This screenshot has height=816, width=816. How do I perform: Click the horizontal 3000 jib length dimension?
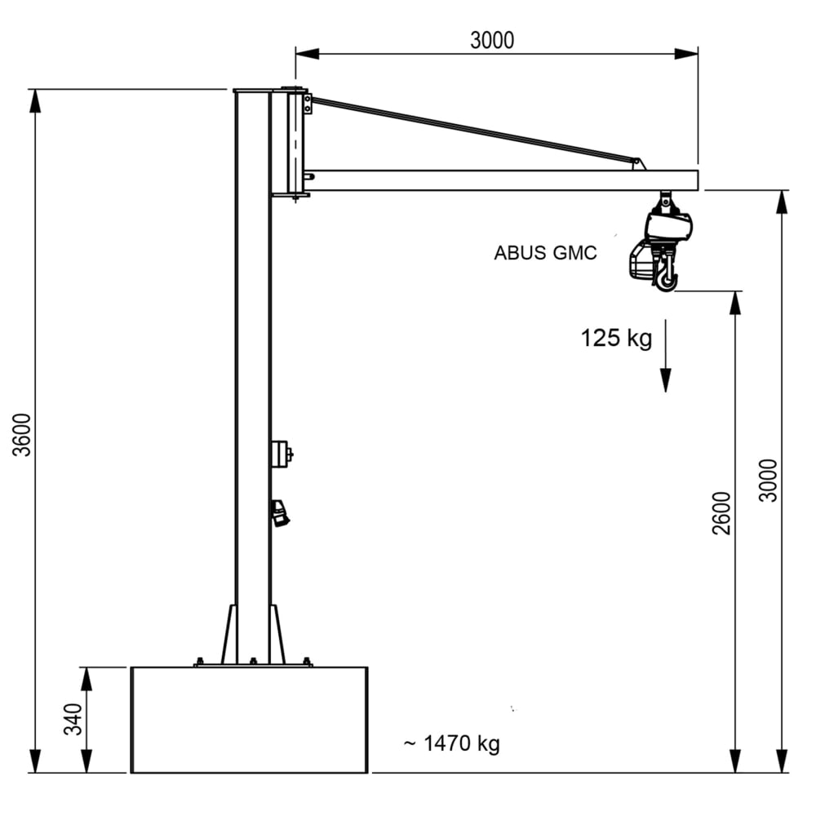492,40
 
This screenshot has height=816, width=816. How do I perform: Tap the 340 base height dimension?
74,719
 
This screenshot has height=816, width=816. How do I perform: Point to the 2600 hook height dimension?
721,512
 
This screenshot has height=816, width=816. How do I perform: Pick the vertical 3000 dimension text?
768,480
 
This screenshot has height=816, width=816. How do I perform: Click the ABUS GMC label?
545,253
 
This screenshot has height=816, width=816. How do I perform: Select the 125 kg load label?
616,338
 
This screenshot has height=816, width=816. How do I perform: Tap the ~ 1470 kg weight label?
451,743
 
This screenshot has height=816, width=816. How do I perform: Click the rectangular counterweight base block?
249,719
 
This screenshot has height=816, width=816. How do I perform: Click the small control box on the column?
281,454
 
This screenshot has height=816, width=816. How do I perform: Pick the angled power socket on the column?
281,513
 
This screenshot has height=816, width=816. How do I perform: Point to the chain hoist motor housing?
669,224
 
